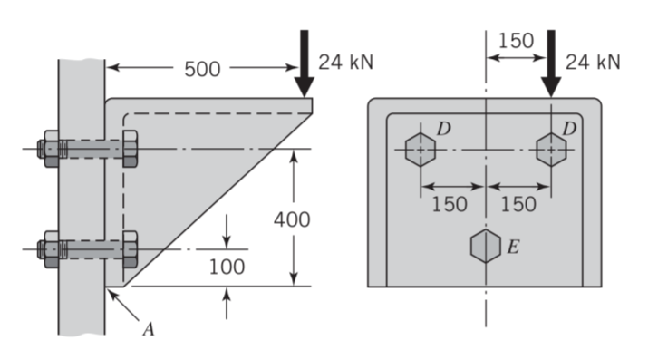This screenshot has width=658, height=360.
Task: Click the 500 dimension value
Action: (202, 69)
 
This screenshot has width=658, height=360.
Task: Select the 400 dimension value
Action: (292, 219)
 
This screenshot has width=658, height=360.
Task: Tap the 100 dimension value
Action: (227, 267)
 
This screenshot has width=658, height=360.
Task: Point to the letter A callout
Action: (149, 330)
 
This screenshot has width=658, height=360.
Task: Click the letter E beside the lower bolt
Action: (514, 247)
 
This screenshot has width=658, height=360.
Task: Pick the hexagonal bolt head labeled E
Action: (486, 246)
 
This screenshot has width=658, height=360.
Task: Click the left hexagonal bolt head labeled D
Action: (421, 150)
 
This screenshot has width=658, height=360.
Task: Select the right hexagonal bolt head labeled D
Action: (551, 150)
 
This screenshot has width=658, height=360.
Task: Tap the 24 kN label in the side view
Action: (346, 63)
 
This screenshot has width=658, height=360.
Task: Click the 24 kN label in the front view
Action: (593, 63)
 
